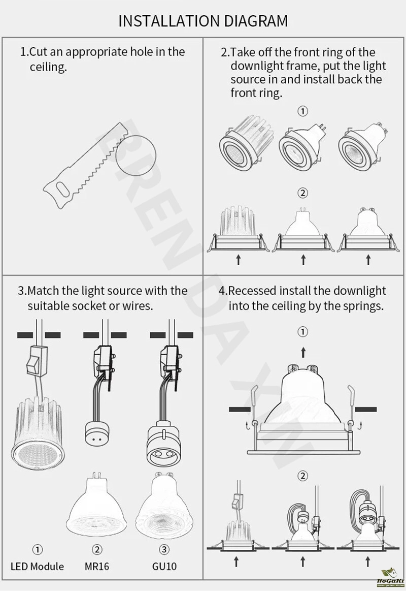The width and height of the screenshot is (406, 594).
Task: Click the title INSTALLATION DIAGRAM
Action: [x=203, y=21]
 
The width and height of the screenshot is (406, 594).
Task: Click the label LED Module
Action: [x=37, y=567]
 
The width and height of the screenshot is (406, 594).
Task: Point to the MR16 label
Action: [x=97, y=567]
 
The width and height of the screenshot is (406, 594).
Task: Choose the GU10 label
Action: [x=164, y=567]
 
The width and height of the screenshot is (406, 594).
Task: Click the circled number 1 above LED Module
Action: [x=37, y=549]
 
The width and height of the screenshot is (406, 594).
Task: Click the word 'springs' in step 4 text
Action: [x=363, y=306]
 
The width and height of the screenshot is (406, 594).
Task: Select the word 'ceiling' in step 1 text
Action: [x=48, y=68]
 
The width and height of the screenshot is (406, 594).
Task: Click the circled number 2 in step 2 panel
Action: [x=302, y=193]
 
